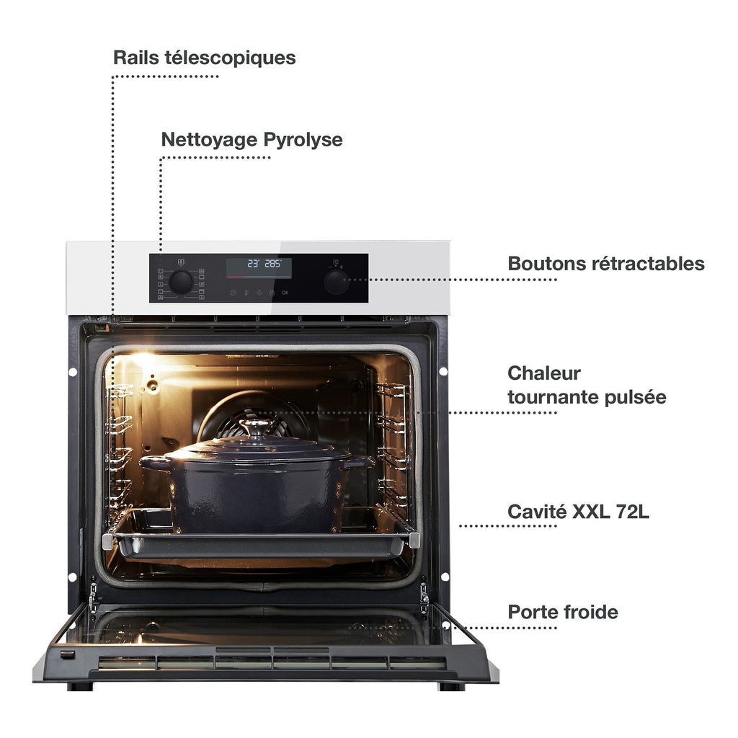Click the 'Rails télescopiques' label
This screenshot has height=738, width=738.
pyautogui.click(x=204, y=58)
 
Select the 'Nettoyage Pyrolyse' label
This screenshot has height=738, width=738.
pyautogui.click(x=252, y=140)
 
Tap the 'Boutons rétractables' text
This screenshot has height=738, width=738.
pyautogui.click(x=605, y=264)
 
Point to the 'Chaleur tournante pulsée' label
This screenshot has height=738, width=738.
pyautogui.click(x=587, y=385)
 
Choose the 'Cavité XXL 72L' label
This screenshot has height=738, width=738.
pyautogui.click(x=578, y=512)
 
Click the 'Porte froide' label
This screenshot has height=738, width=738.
pyautogui.click(x=562, y=612)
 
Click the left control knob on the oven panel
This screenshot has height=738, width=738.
pyautogui.click(x=181, y=283)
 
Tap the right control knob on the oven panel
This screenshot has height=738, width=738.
pyautogui.click(x=336, y=283)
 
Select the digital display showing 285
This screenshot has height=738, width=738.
pyautogui.click(x=259, y=267)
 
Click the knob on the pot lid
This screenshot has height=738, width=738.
pyautogui.click(x=256, y=426)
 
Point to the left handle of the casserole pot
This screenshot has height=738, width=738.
pyautogui.click(x=154, y=463)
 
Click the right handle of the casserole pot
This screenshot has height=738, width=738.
pyautogui.click(x=360, y=462)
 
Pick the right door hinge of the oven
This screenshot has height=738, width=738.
pyautogui.click(x=424, y=597)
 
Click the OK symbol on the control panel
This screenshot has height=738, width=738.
pyautogui.click(x=285, y=293)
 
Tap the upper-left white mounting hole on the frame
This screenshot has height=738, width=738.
pyautogui.click(x=73, y=372)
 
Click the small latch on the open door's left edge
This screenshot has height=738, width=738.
pyautogui.click(x=67, y=654)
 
